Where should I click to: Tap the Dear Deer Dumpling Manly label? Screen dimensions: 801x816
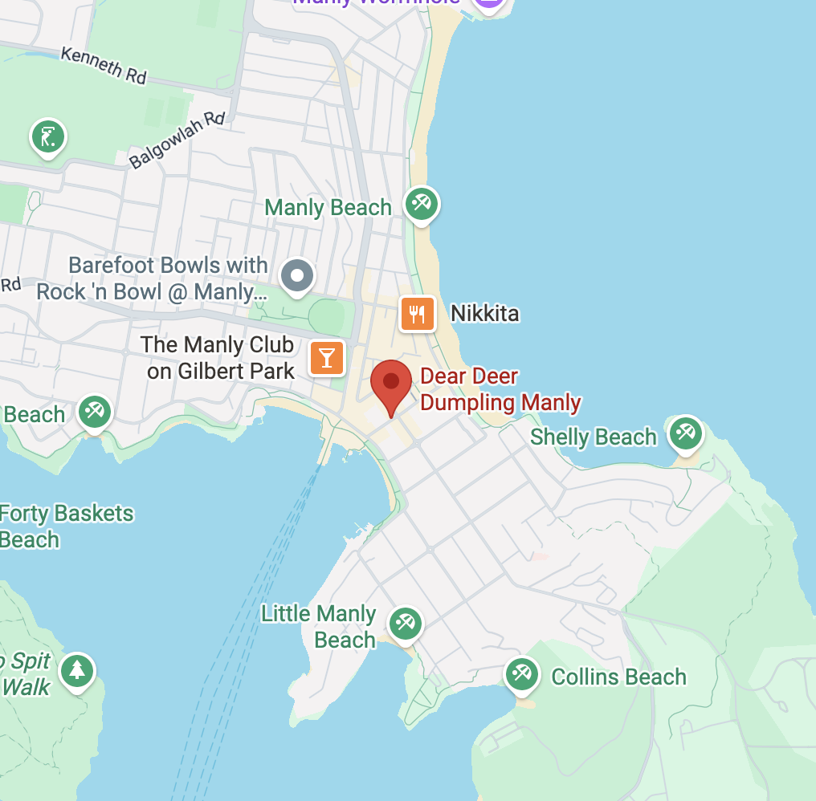[x=500, y=389]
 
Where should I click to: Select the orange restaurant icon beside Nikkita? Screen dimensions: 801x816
[x=418, y=313]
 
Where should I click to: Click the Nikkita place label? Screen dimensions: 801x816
[x=485, y=313]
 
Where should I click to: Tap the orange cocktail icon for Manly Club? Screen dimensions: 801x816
[x=327, y=357]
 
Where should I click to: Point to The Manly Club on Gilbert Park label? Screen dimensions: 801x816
[x=218, y=357]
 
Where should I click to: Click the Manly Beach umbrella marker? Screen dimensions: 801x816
[x=422, y=202]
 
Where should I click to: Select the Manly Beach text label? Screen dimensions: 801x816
[x=328, y=208]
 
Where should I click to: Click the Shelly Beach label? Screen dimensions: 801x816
[x=594, y=437]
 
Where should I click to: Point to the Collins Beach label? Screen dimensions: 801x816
[x=618, y=677]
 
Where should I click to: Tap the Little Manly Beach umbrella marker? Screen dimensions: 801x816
[x=405, y=624]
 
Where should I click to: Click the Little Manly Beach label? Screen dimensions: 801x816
[x=320, y=627]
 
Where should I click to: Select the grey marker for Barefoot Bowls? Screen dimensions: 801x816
[x=297, y=275]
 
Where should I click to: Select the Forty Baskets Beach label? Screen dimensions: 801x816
[x=64, y=526]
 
